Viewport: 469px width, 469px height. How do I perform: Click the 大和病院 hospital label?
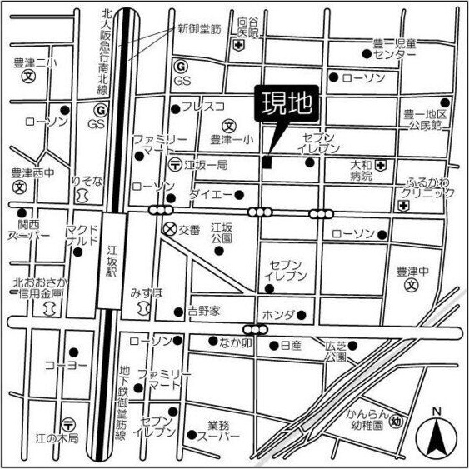point(360,171)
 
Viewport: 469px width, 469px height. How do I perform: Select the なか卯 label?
point(236,342)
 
